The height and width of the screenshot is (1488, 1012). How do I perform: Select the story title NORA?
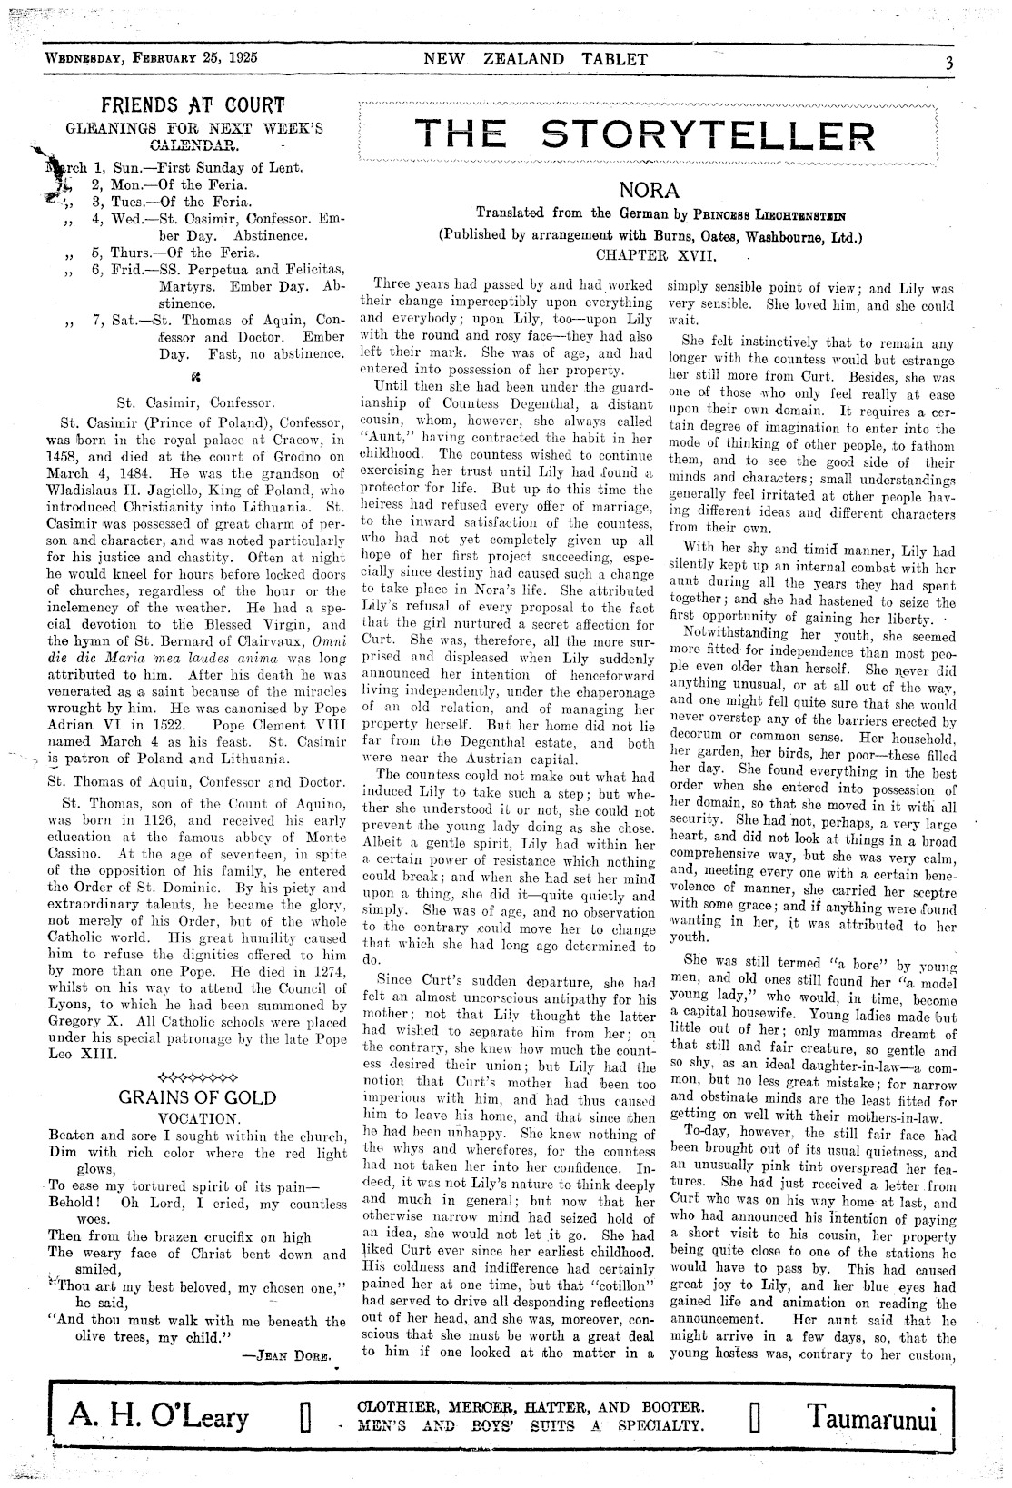click(649, 191)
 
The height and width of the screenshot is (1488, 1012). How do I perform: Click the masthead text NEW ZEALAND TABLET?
click(536, 60)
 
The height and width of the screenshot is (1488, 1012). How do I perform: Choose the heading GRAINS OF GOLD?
click(197, 1097)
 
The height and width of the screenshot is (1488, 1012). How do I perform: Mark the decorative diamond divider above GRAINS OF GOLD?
click(197, 1069)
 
